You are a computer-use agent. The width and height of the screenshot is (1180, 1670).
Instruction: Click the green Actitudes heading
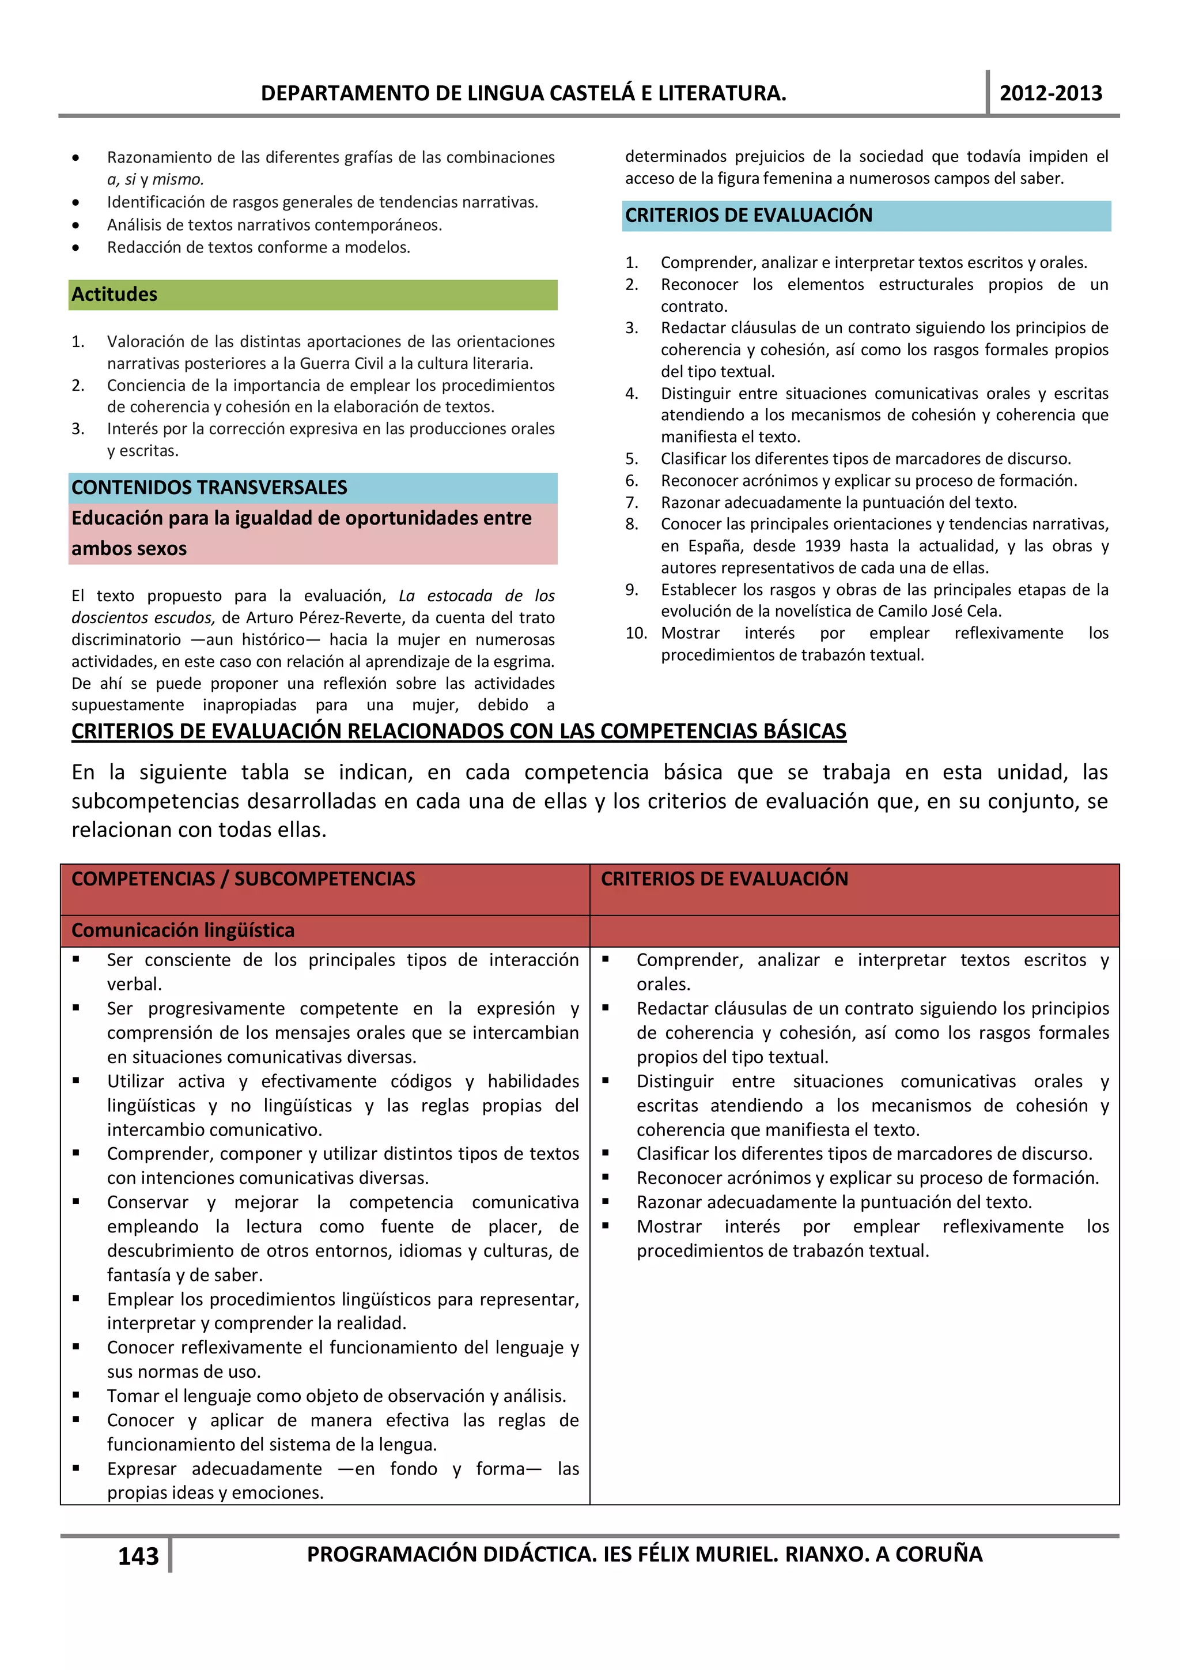[114, 295]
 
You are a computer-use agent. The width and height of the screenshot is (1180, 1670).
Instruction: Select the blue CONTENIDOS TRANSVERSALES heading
[209, 487]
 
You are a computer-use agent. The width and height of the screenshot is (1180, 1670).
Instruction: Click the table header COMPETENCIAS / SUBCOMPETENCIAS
[244, 879]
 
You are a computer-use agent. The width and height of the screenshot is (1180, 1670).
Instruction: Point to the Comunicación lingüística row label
[183, 930]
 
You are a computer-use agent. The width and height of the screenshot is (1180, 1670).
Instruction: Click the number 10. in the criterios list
[636, 633]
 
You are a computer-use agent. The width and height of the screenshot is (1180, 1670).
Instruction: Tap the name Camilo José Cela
[939, 611]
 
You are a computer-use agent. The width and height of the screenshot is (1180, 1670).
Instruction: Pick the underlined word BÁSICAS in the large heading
[804, 731]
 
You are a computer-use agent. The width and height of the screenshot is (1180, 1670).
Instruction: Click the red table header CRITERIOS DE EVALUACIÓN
[724, 879]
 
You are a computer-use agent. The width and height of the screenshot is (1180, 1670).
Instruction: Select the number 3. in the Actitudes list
[78, 429]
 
